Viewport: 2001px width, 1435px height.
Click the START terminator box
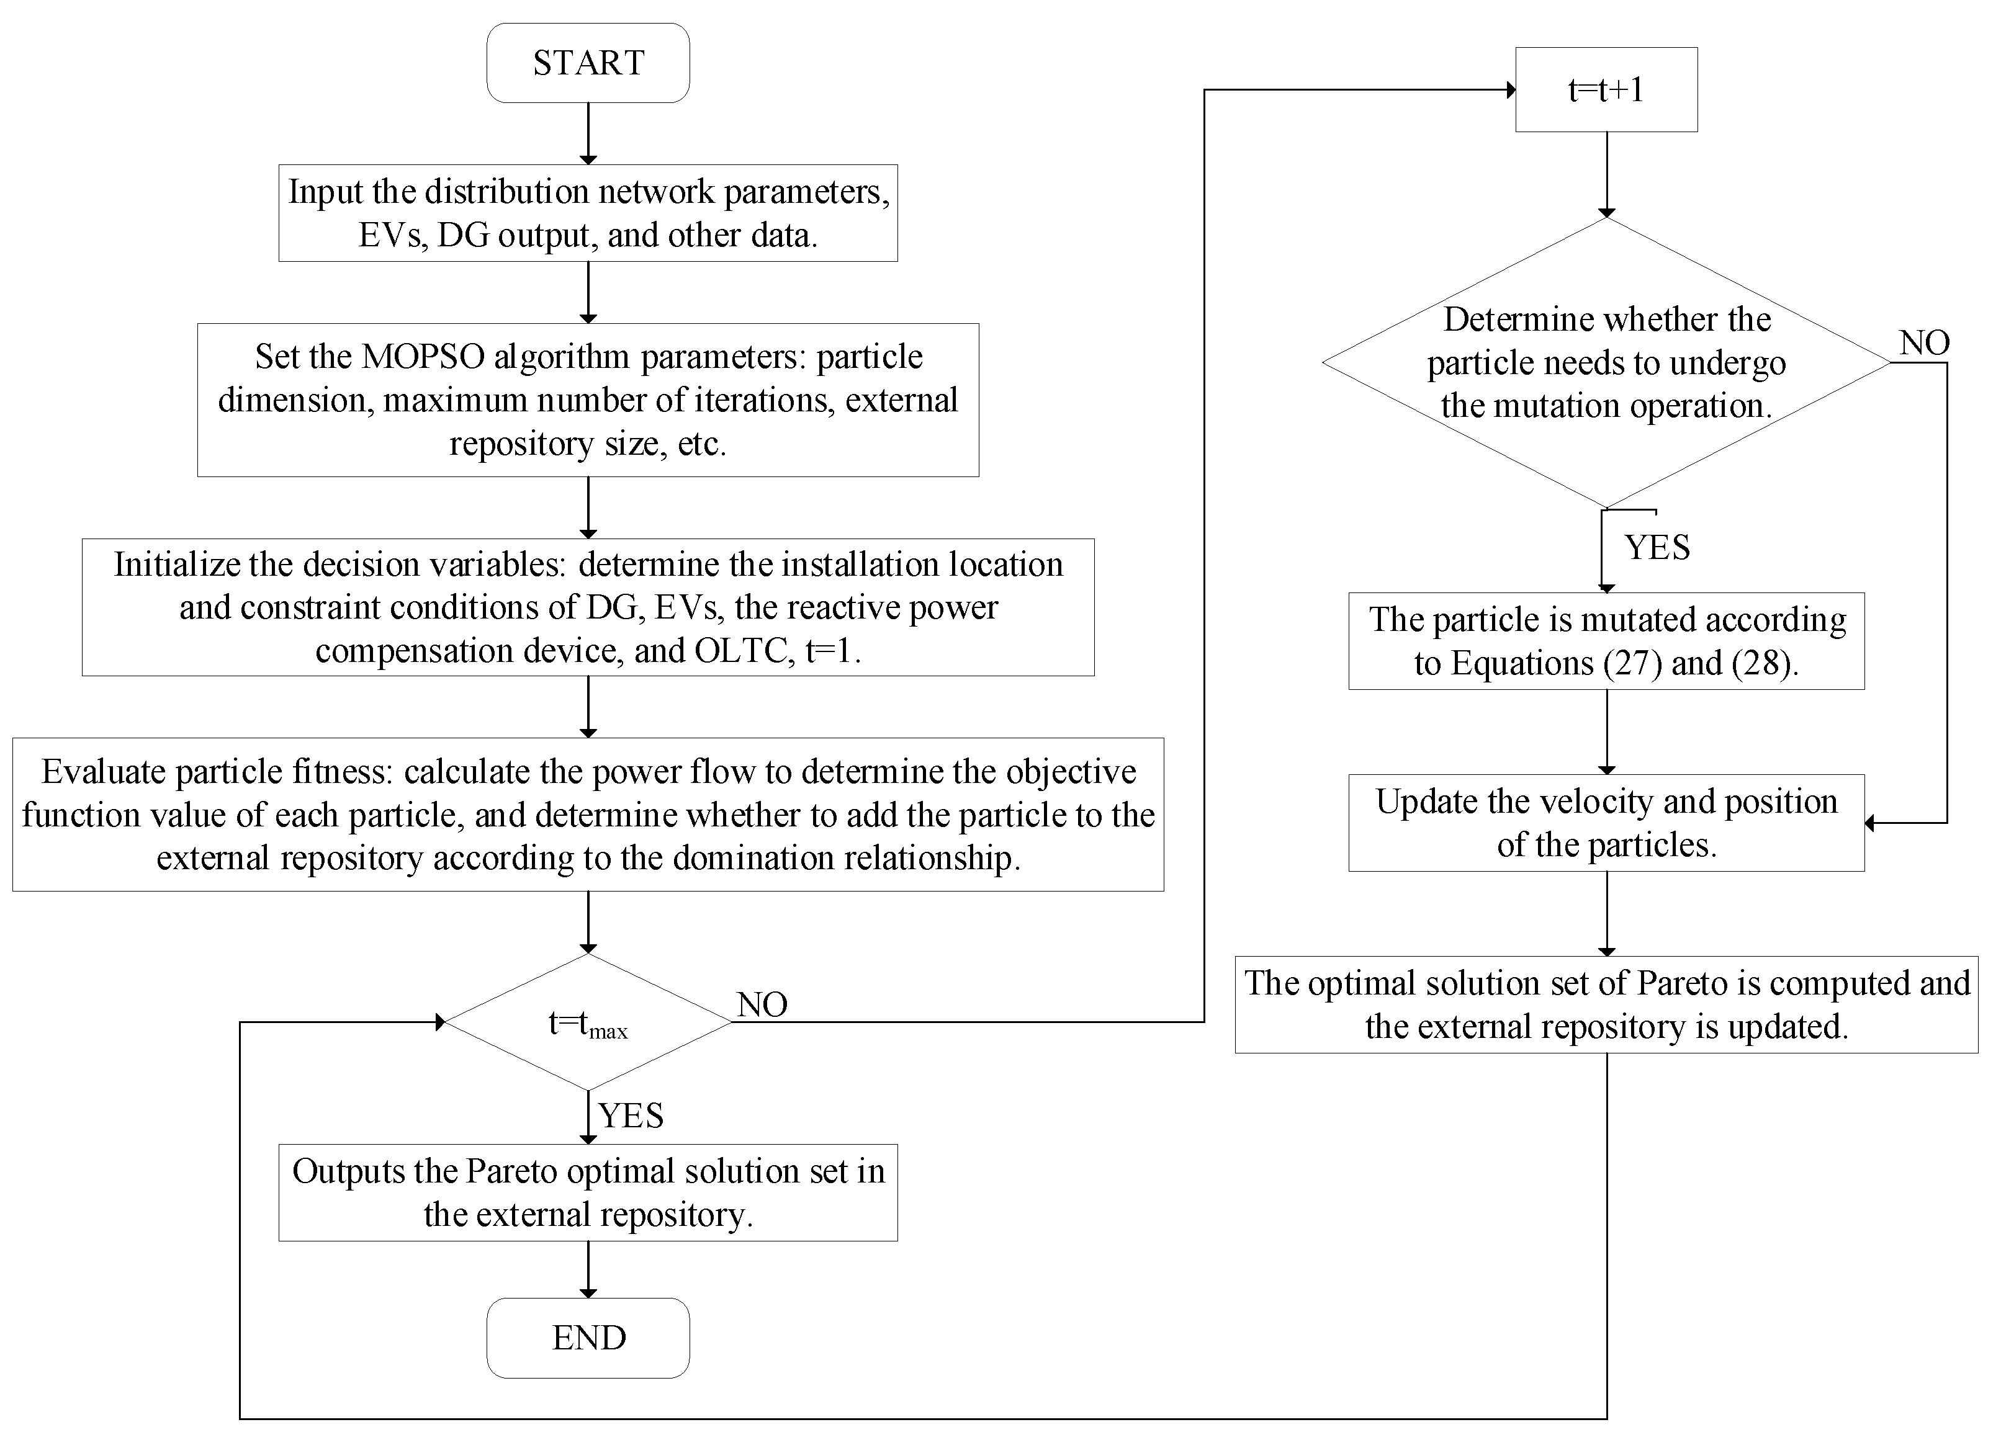(x=588, y=63)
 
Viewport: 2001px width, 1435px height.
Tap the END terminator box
(x=588, y=1337)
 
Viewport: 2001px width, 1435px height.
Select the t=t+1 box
(x=1606, y=89)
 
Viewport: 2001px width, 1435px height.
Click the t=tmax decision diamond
(x=588, y=1022)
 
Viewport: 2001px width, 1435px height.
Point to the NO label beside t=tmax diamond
(x=762, y=1004)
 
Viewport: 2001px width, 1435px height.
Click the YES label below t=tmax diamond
(x=631, y=1115)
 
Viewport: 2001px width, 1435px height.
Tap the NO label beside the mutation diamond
(x=1924, y=342)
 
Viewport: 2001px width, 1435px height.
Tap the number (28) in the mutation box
(x=1761, y=663)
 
